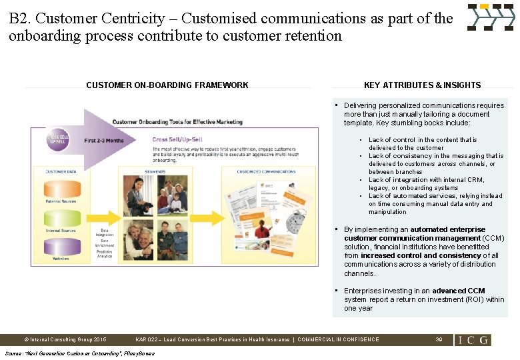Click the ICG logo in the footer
[473, 340]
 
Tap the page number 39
[439, 339]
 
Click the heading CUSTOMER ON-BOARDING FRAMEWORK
[167, 85]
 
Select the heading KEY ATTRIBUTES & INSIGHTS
[422, 85]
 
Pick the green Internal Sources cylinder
[61, 219]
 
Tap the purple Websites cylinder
[61, 247]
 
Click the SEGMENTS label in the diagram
[155, 172]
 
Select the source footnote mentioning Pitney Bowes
[79, 353]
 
